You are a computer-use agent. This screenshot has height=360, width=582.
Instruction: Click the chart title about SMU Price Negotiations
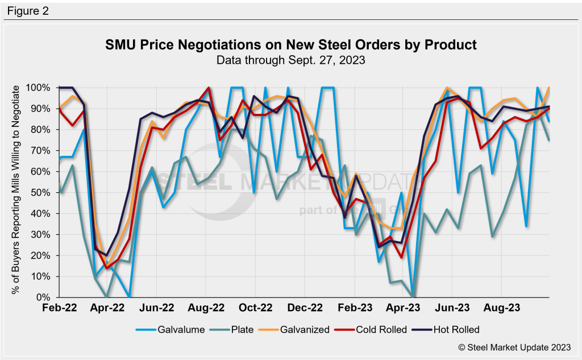coord(291,44)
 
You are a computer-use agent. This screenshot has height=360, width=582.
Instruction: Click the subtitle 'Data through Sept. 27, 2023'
coord(291,59)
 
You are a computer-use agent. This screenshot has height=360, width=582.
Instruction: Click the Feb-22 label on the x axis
coord(60,308)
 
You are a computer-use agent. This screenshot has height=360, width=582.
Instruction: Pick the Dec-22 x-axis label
coord(305,308)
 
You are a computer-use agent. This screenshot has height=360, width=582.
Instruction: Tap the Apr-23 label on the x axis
coord(404,308)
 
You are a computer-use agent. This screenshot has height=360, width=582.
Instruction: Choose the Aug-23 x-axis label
coord(502,308)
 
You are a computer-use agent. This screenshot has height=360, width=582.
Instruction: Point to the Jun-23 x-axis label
coord(453,308)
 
